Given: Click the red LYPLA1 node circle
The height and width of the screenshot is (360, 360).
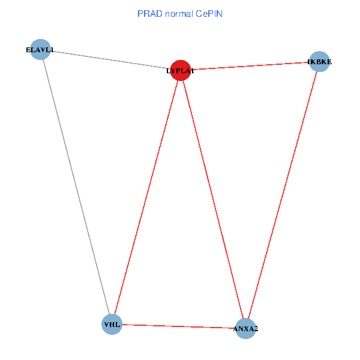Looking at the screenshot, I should click(181, 70).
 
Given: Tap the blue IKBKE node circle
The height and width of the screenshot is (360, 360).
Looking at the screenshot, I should click(320, 61).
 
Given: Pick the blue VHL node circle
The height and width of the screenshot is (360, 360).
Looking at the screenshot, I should click(112, 325).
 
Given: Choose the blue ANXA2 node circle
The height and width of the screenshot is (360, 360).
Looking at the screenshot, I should click(245, 328).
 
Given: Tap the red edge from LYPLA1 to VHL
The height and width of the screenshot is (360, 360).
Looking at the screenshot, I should click(146, 197).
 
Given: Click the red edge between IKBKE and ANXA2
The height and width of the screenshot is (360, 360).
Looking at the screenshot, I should click(283, 195).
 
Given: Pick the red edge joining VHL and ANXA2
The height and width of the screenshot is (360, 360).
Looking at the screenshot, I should click(179, 326).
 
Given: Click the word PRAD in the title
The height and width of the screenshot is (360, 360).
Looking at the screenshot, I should click(149, 13).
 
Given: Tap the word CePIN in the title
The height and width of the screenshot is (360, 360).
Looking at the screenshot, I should click(210, 13).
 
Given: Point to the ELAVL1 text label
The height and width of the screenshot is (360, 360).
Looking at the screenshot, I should click(40, 50).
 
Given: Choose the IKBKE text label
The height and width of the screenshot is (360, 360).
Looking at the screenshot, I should click(319, 62).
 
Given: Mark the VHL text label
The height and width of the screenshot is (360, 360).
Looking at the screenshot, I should click(112, 325).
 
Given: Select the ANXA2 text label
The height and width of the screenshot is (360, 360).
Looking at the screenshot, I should click(245, 329).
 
